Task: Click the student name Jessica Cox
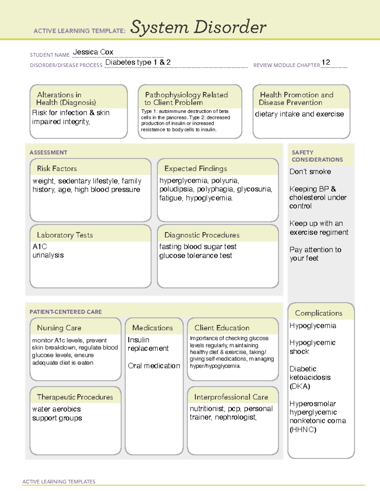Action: pyautogui.click(x=93, y=52)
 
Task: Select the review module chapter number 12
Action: pyautogui.click(x=326, y=62)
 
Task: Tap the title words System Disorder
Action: pyautogui.click(x=198, y=27)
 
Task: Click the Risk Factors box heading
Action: pyautogui.click(x=57, y=169)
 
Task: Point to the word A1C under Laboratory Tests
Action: pyautogui.click(x=40, y=247)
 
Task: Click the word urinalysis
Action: pyautogui.click(x=48, y=255)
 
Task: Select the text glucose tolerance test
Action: pyautogui.click(x=196, y=255)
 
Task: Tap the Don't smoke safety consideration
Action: pyautogui.click(x=310, y=172)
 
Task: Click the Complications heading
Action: pyautogui.click(x=319, y=313)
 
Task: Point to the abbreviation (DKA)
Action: pyautogui.click(x=300, y=386)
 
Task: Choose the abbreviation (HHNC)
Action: pyautogui.click(x=303, y=429)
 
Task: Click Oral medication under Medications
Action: pyautogui.click(x=154, y=366)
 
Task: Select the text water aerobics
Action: pyautogui.click(x=56, y=409)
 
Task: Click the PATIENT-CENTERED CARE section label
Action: pyautogui.click(x=66, y=312)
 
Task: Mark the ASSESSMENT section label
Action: pyautogui.click(x=48, y=152)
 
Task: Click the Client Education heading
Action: pyautogui.click(x=222, y=328)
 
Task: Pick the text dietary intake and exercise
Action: pyautogui.click(x=299, y=114)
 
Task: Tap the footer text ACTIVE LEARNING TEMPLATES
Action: pyautogui.click(x=59, y=482)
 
